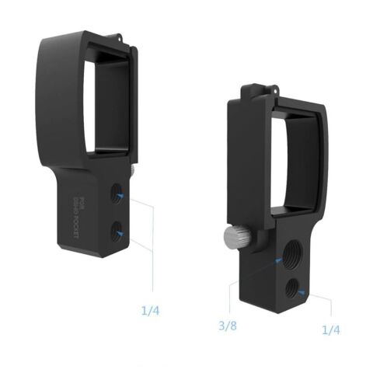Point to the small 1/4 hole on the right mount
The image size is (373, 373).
click(291, 288)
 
